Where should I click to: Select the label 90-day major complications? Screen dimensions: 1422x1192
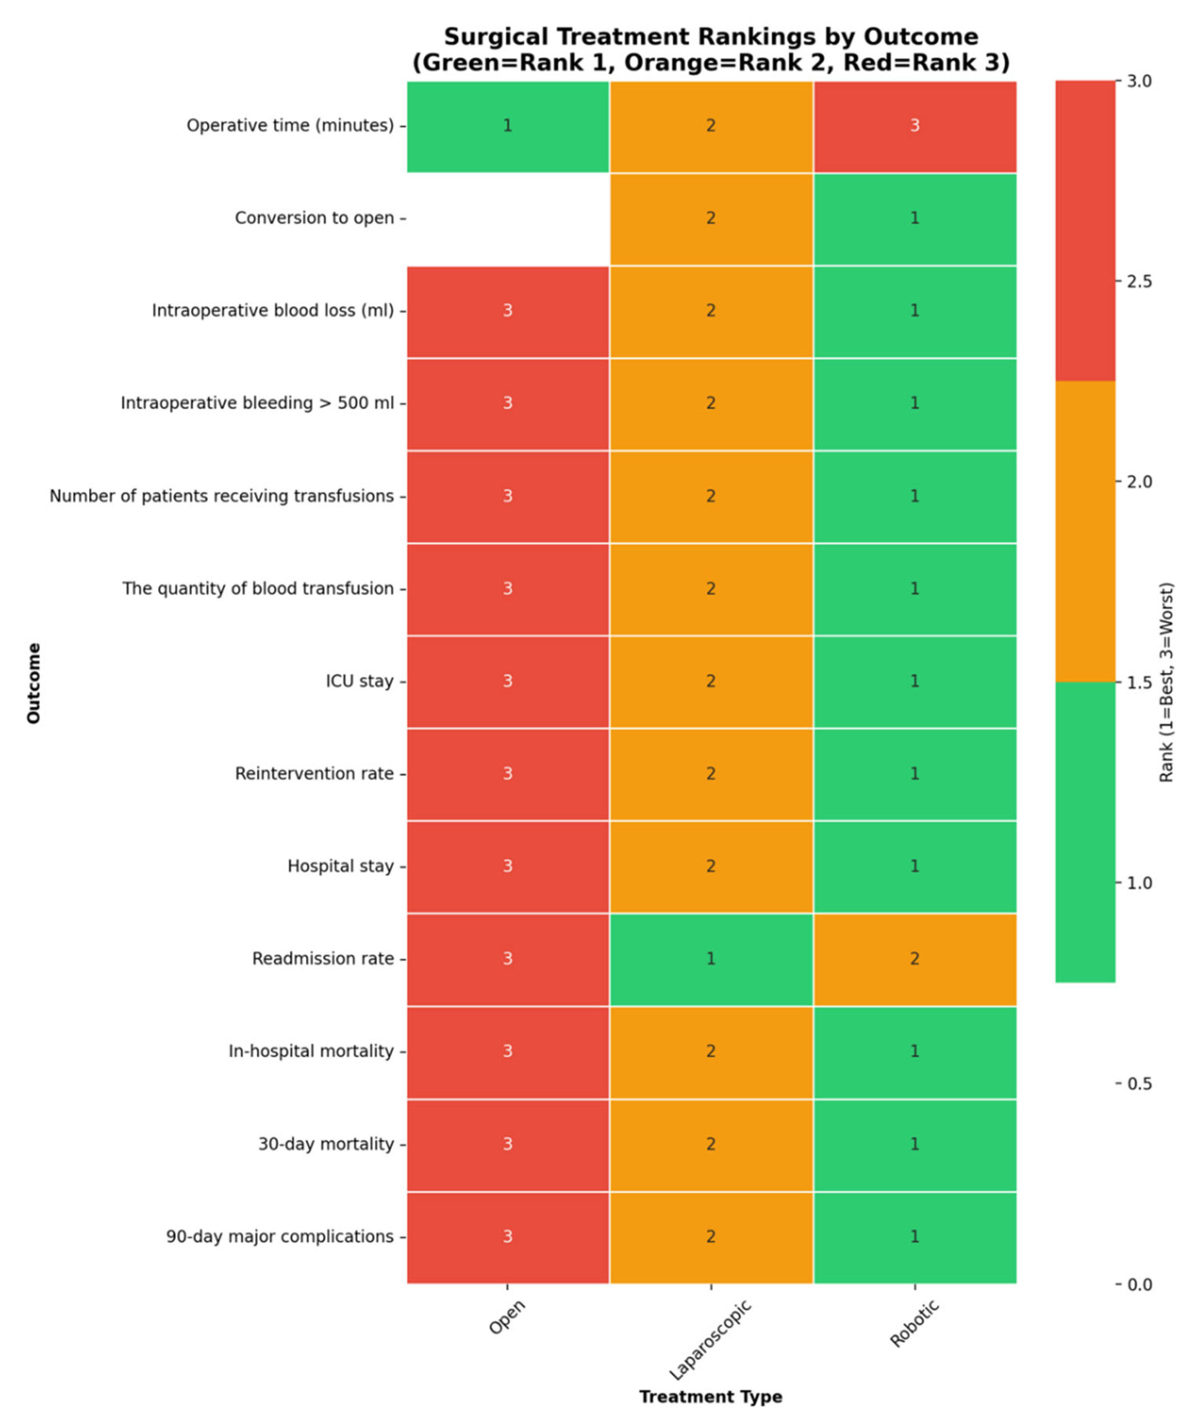(279, 1237)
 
